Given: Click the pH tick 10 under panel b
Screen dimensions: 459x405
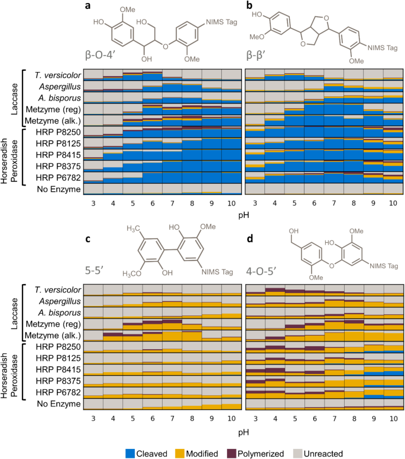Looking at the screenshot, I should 393,203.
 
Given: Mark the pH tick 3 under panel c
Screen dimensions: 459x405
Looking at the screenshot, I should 93,418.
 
